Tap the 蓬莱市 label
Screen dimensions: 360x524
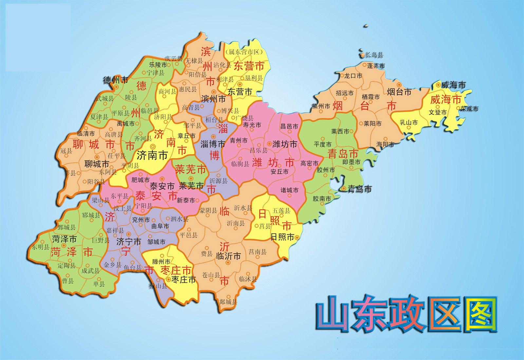click(x=376, y=66)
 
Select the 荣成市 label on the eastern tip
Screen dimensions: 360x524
click(x=469, y=109)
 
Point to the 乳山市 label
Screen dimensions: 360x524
click(x=409, y=123)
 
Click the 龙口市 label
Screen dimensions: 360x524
click(x=353, y=76)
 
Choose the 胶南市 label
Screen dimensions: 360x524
click(x=322, y=199)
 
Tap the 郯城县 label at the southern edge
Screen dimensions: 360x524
click(x=228, y=302)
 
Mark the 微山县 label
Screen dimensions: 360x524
click(x=158, y=286)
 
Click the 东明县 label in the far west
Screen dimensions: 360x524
click(x=40, y=247)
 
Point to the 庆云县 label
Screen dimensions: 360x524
click(x=174, y=59)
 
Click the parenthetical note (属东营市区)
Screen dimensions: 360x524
click(x=244, y=52)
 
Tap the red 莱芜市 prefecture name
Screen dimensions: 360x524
click(x=191, y=169)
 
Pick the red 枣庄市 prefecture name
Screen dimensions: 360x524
click(x=176, y=270)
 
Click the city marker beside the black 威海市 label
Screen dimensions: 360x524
click(x=438, y=85)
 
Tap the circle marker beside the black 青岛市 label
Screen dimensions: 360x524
click(x=344, y=189)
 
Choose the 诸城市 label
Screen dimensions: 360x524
click(x=290, y=190)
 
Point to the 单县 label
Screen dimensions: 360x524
click(x=99, y=284)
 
